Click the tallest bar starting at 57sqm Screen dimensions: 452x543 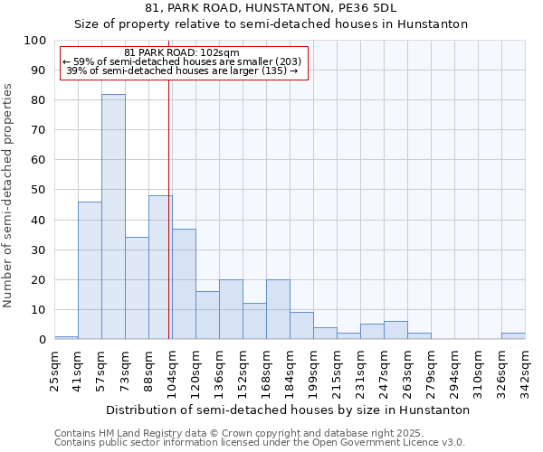pos(113,217)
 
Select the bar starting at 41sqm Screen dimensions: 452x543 pos(90,270)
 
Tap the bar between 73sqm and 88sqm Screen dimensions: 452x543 pos(137,288)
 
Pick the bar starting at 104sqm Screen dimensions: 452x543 pos(184,284)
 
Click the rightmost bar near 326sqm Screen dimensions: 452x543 pos(513,336)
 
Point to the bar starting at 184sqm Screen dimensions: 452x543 pos(301,325)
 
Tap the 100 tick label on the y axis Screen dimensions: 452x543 pos(35,41)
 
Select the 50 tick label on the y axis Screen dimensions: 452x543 pos(39,190)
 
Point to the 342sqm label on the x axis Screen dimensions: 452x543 pos(526,371)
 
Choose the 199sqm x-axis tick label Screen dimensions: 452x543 pos(314,371)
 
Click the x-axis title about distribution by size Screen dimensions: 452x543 pos(288,410)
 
